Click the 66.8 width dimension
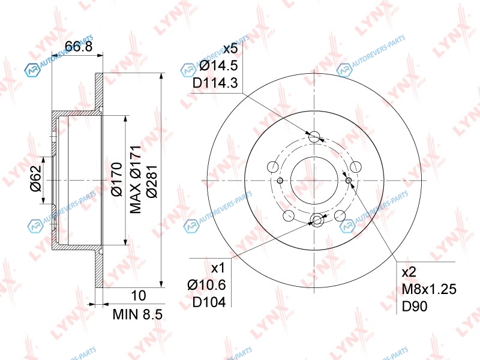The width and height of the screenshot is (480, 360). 79,46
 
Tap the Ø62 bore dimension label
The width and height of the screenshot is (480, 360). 36,178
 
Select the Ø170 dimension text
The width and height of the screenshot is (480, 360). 117,179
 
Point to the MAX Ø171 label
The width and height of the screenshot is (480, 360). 136,179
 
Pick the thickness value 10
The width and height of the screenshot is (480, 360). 139,295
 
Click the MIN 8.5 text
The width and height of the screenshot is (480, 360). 137,314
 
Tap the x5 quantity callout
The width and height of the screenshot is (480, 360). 230,49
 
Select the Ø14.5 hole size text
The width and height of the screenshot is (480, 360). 218,65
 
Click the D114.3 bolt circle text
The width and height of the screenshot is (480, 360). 215,83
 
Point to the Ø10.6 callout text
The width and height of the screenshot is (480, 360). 206,285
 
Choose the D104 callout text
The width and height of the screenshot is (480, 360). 209,302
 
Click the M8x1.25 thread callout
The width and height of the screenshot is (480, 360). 429,289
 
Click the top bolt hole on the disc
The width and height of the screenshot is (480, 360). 314,137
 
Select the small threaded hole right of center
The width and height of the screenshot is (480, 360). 349,181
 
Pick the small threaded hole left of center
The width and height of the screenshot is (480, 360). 280,181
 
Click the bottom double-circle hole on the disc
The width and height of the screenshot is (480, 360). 317,220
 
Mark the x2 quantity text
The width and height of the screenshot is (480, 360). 409,272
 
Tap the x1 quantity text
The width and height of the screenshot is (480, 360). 218,268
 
